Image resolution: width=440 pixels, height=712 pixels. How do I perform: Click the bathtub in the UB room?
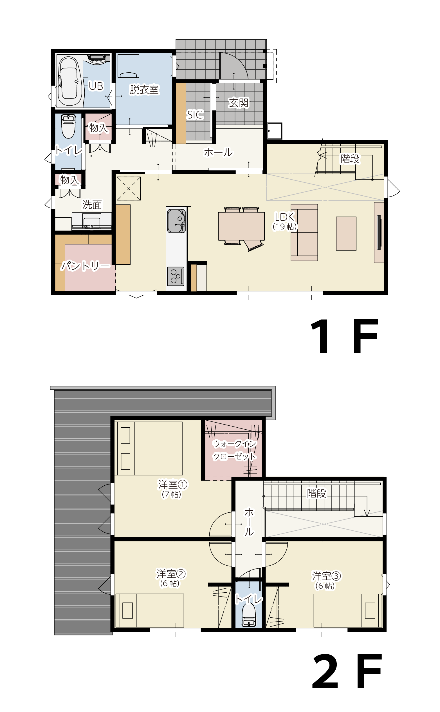(70, 81)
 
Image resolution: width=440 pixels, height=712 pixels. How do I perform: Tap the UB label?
(96, 86)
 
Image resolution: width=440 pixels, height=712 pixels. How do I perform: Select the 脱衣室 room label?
(144, 90)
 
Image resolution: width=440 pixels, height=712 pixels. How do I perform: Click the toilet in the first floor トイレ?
(68, 126)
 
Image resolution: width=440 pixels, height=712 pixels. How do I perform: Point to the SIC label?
(195, 115)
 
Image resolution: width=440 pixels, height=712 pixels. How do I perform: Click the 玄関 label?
(238, 103)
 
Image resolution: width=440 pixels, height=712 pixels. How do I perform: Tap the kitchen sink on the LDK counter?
(176, 221)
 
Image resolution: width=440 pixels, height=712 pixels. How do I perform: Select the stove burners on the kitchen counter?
(176, 276)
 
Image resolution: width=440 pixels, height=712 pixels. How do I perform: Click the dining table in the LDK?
(241, 226)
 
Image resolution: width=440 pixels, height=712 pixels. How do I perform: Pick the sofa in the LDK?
(304, 232)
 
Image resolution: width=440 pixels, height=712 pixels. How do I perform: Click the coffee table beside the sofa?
(346, 234)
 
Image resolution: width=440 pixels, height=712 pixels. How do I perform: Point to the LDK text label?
(284, 217)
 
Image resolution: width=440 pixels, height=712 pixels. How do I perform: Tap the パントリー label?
(86, 266)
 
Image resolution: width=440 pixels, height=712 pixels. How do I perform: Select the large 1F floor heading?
(344, 336)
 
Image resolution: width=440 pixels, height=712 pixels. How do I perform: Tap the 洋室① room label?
(173, 485)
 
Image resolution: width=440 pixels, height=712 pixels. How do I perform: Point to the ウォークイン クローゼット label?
(235, 450)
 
